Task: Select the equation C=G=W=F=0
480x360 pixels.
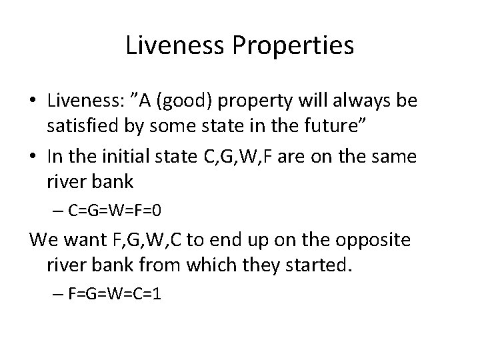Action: tap(117, 211)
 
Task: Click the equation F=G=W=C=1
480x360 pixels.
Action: tap(117, 295)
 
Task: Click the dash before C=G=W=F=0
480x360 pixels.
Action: tap(59, 211)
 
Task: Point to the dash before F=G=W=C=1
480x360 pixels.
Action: tap(59, 295)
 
